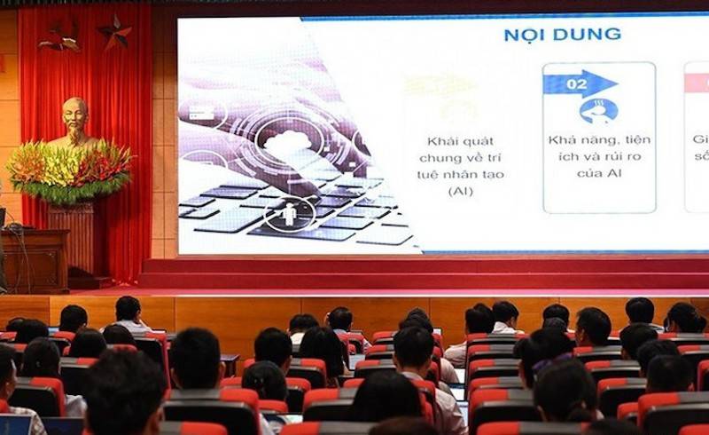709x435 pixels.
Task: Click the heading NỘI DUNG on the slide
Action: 562,35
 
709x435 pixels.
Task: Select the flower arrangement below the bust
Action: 69,172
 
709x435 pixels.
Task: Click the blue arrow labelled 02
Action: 579,83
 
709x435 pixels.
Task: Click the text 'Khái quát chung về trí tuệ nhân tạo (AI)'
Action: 460,165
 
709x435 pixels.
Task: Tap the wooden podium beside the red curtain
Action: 34,257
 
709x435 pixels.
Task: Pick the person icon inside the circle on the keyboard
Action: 289,214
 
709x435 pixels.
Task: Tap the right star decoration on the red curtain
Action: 115,32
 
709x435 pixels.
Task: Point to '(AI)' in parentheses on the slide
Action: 460,191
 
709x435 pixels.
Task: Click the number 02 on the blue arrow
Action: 576,84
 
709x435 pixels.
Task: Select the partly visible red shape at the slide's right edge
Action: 697,83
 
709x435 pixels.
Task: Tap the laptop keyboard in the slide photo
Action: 292,209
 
